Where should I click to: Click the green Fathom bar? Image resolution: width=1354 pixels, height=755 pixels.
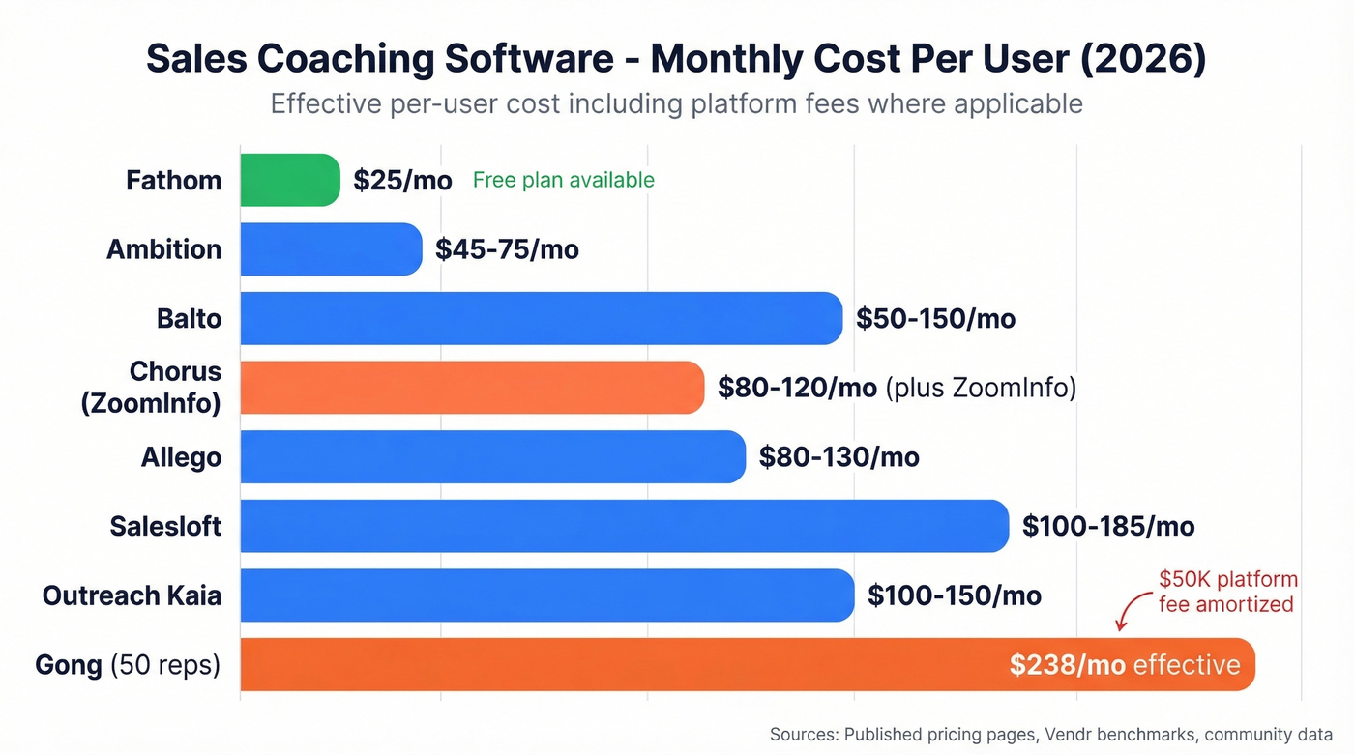pyautogui.click(x=289, y=180)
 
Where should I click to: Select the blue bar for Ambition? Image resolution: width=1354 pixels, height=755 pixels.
pyautogui.click(x=331, y=249)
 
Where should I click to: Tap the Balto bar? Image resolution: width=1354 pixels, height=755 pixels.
pyautogui.click(x=541, y=318)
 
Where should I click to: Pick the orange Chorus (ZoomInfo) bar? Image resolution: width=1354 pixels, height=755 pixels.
pyautogui.click(x=472, y=388)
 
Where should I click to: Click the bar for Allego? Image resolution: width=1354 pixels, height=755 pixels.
pyautogui.click(x=492, y=456)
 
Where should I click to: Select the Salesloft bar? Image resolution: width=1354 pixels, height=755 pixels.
pyautogui.click(x=624, y=526)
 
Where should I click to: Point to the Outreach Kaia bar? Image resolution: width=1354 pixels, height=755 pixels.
pyautogui.click(x=546, y=595)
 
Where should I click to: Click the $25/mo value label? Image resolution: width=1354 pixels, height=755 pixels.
pyautogui.click(x=402, y=181)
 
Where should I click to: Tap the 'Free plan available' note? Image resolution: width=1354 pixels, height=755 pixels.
pyautogui.click(x=563, y=180)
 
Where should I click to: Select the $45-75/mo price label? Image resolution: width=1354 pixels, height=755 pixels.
pyautogui.click(x=507, y=249)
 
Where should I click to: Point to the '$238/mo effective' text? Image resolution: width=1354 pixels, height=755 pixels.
pyautogui.click(x=1124, y=664)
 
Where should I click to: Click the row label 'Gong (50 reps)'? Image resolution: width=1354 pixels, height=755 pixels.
pyautogui.click(x=128, y=665)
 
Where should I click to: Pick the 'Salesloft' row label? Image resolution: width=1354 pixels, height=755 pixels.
pyautogui.click(x=165, y=527)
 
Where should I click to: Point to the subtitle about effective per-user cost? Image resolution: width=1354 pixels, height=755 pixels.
pyautogui.click(x=676, y=103)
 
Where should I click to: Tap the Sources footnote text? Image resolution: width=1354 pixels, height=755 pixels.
pyautogui.click(x=1050, y=735)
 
